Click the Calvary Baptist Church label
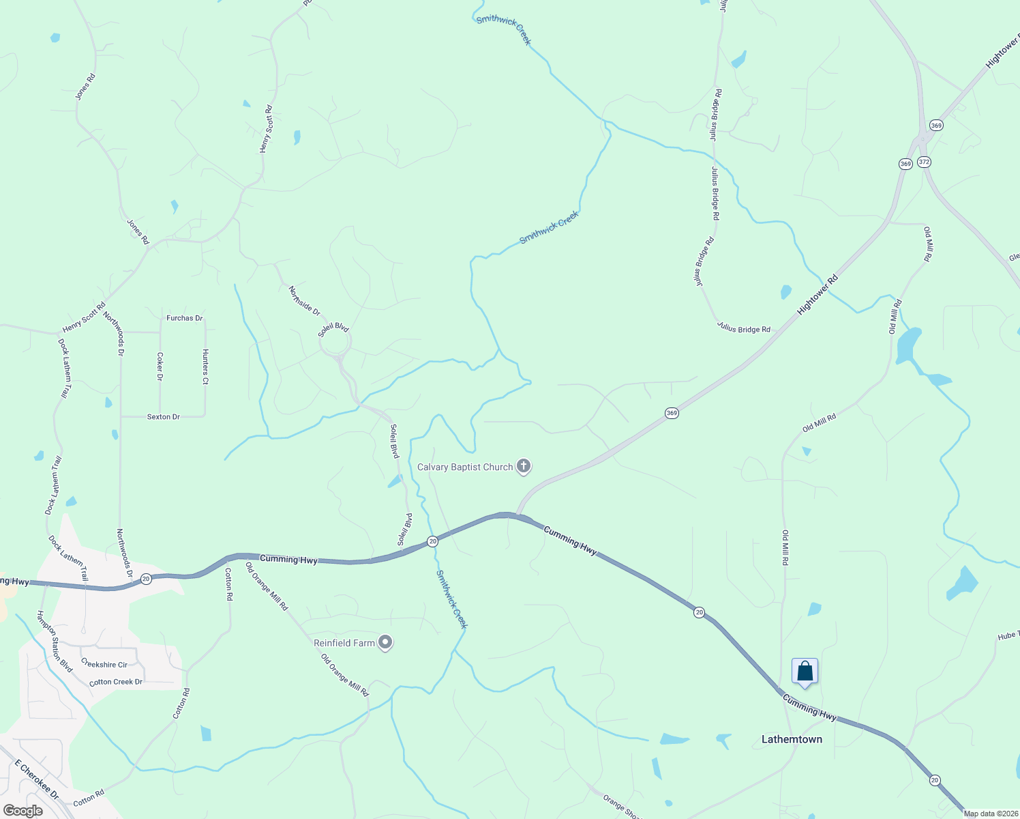click(x=465, y=468)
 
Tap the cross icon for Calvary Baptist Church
click(x=524, y=467)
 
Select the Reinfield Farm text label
click(x=344, y=643)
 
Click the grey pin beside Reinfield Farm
click(x=385, y=643)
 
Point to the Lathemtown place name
click(x=792, y=739)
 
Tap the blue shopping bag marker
click(x=805, y=672)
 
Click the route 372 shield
click(x=924, y=162)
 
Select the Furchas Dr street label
click(x=185, y=318)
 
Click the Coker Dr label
click(x=160, y=367)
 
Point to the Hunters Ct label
click(x=205, y=367)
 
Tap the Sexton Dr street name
click(x=164, y=416)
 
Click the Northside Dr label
click(x=304, y=301)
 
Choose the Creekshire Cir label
click(x=104, y=664)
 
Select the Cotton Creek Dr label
click(x=116, y=682)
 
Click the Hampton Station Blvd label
click(x=55, y=642)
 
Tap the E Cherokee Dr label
click(x=37, y=781)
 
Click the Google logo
click(x=22, y=811)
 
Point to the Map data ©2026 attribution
click(x=990, y=814)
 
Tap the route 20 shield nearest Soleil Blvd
click(x=432, y=541)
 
